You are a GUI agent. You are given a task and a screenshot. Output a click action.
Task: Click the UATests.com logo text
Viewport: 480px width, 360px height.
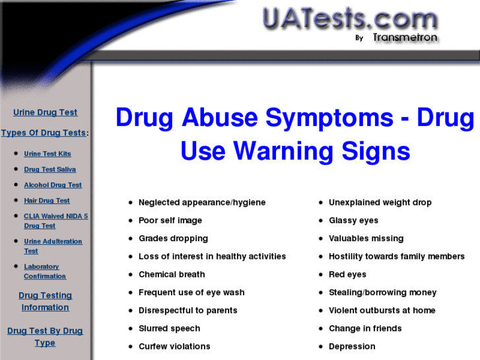click(x=350, y=19)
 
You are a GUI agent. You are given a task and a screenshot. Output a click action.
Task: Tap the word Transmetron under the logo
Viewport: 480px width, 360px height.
click(x=405, y=38)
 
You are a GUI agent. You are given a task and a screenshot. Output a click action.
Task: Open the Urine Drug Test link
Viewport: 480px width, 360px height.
click(x=46, y=112)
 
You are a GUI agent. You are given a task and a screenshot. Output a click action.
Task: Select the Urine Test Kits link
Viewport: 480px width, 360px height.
click(x=48, y=154)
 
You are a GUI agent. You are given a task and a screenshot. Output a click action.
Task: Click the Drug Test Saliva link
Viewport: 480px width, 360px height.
click(x=50, y=169)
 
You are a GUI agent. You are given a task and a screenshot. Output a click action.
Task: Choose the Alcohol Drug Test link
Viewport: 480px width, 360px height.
click(x=53, y=185)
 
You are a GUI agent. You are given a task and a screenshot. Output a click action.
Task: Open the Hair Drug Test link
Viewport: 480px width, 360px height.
click(x=47, y=201)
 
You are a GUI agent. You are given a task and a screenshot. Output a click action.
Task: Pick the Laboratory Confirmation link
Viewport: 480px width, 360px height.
click(x=45, y=271)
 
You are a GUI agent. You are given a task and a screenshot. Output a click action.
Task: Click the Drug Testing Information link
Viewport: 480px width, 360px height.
click(x=46, y=301)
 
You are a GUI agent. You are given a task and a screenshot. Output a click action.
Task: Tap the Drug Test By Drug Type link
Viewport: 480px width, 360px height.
click(x=45, y=337)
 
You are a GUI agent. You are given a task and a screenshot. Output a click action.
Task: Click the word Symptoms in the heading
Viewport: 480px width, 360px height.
click(x=329, y=118)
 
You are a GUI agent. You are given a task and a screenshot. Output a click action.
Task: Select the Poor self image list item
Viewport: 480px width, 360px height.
click(x=170, y=221)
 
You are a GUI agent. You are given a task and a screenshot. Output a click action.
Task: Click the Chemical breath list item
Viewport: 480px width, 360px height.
click(x=172, y=275)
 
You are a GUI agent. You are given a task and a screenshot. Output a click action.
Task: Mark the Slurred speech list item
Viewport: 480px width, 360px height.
click(x=169, y=328)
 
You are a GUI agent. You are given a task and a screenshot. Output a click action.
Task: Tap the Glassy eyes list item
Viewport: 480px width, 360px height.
click(x=354, y=221)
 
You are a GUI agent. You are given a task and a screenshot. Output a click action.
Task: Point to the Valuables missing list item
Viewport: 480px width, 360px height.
click(x=366, y=238)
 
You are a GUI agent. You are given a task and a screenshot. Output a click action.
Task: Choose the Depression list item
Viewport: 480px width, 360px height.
click(x=352, y=347)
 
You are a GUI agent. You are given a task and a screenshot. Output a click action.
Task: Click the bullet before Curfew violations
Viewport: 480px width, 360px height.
click(x=131, y=347)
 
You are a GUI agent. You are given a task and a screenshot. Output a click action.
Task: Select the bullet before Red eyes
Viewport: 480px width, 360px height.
click(x=321, y=275)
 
